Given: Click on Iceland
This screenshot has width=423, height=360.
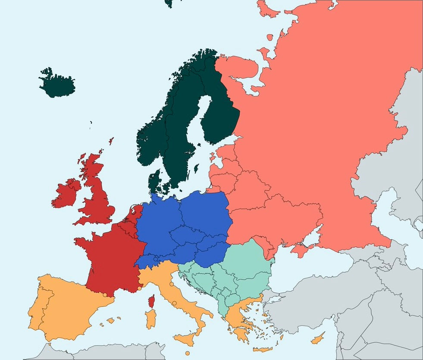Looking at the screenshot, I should point(57,83).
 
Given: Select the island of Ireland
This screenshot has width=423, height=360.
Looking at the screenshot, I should point(67,194).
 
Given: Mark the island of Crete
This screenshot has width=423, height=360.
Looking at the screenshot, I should point(263,349).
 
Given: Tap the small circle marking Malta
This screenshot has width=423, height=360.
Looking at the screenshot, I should point(188,353).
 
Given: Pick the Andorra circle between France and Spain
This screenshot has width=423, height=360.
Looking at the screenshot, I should point(105,295).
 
